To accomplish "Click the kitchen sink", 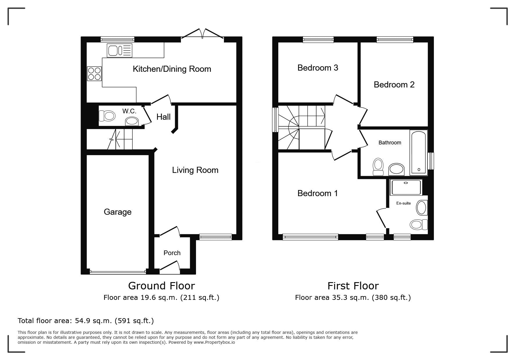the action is coord(120,51).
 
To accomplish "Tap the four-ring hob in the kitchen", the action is coord(94,74).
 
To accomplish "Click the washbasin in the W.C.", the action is coord(132,121).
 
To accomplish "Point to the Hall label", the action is coord(163,117).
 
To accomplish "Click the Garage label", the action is coord(117,212).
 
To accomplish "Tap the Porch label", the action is coord(172,253).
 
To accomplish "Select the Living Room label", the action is coord(195,170).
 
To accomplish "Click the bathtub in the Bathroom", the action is coord(418,153).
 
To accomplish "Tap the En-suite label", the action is coord(404,203).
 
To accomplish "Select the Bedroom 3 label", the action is coord(318,68).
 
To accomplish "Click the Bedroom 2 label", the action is coord(394,85).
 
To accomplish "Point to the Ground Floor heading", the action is coord(161,286).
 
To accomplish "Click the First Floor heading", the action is coord(353,286).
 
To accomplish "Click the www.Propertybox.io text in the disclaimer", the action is coord(214,342).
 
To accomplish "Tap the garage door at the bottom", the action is coord(118,272).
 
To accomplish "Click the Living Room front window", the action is coord(215,237).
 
